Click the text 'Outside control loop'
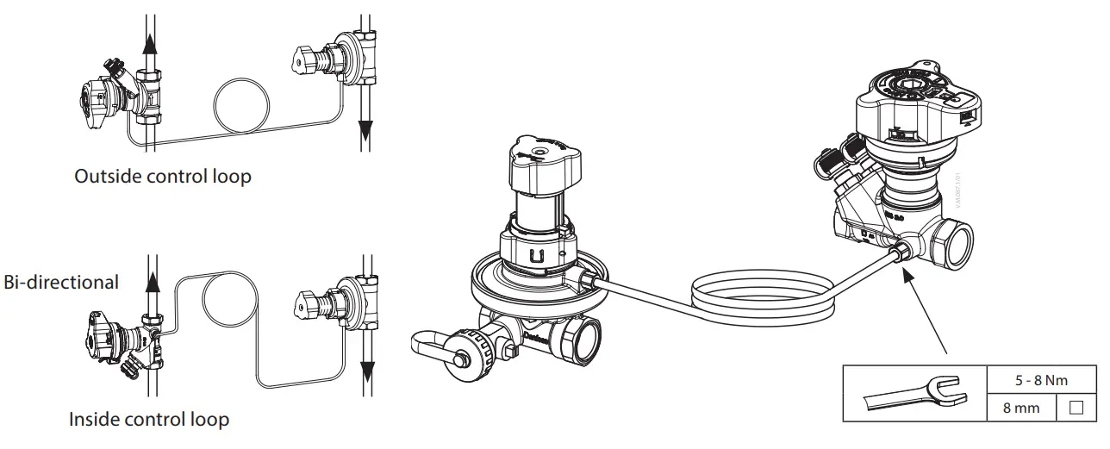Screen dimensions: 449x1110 point(162,177)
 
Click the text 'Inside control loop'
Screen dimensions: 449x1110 point(149,420)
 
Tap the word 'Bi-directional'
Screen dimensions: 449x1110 point(60,282)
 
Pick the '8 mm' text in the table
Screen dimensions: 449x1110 point(1021,407)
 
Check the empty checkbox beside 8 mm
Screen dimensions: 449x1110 point(1076,407)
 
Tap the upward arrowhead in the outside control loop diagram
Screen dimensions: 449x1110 point(152,43)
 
